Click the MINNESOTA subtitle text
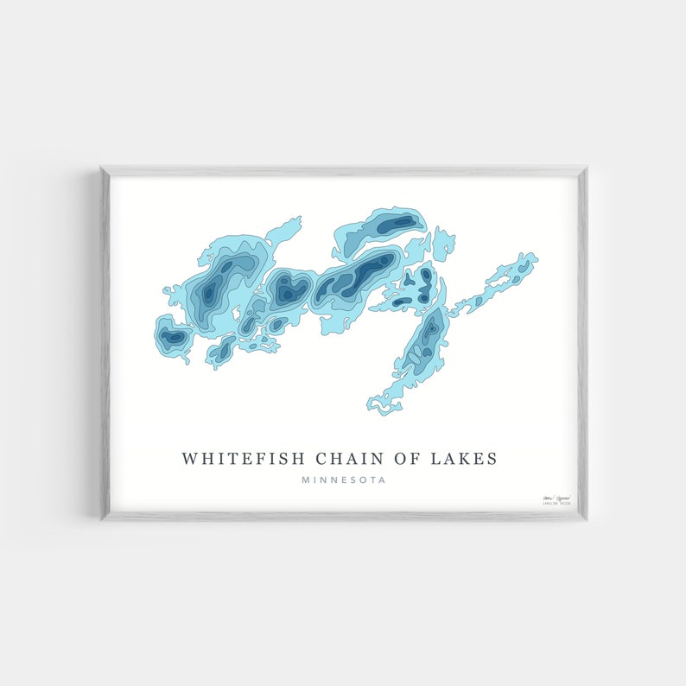tap(344, 480)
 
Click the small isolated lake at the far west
tap(173, 336)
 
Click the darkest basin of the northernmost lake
tap(397, 225)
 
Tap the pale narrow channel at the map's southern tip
tap(385, 401)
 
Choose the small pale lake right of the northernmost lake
tap(443, 244)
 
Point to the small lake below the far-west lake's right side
tap(220, 350)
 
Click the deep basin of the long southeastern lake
tap(429, 333)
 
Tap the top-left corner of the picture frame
tap(101, 168)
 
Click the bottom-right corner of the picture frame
tap(587, 519)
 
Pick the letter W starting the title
tap(187, 458)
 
